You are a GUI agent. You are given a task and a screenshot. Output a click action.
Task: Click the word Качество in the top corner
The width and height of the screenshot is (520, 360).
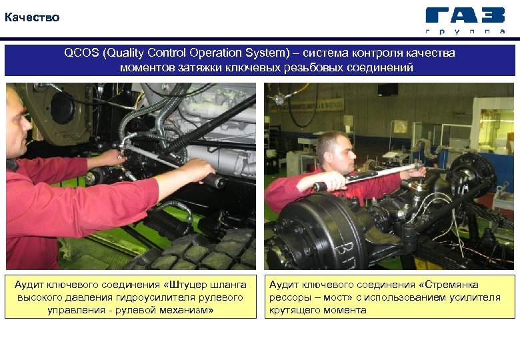pos(32,17)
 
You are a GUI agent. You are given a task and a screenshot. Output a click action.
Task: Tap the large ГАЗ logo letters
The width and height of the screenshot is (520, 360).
pos(465,15)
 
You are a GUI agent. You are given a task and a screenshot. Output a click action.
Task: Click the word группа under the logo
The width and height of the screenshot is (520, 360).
pos(465,31)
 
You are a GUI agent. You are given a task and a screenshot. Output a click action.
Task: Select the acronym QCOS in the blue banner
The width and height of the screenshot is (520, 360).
pos(81,53)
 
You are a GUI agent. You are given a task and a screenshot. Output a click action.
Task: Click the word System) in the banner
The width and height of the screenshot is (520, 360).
pos(267,53)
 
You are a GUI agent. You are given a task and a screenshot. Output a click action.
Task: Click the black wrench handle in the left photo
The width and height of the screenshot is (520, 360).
pos(214,180)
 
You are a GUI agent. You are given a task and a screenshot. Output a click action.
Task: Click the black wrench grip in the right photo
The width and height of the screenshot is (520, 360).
pos(320,187)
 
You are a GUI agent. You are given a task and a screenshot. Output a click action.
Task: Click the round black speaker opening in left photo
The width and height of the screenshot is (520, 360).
pos(63,108)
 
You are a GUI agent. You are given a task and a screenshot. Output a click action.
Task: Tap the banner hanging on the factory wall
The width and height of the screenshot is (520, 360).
pos(307,105)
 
